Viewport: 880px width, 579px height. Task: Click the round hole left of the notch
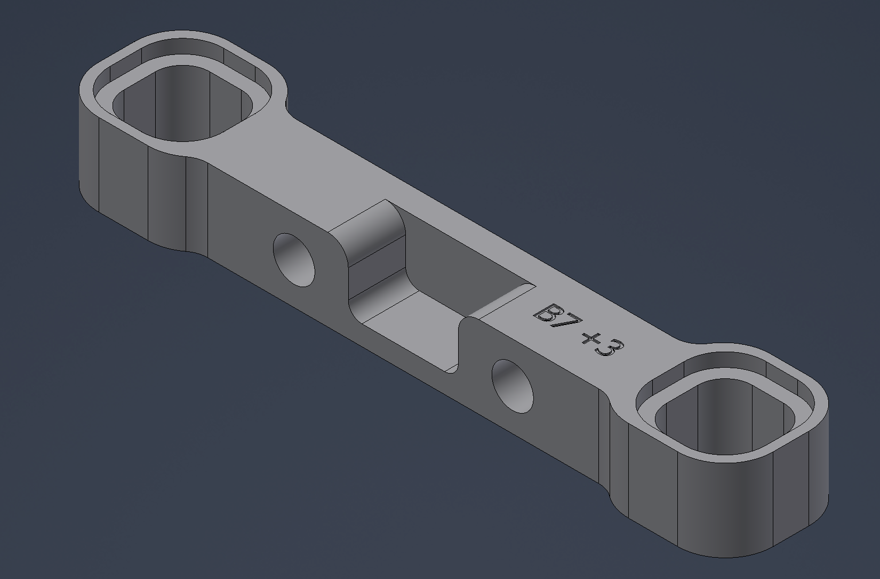coord(294,259)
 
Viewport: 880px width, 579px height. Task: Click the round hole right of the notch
coord(513,385)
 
